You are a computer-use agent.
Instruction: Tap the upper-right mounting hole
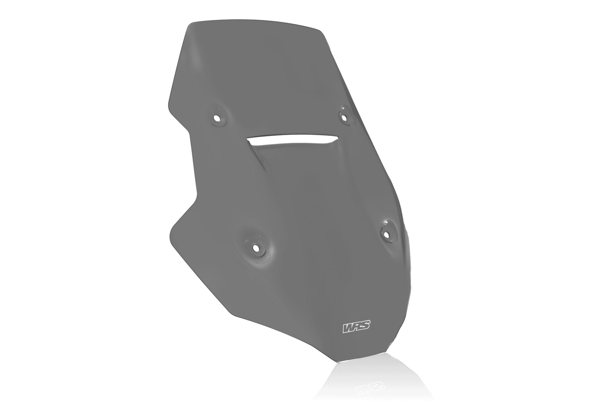pyautogui.click(x=343, y=117)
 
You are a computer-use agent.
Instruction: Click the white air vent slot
pyautogui.click(x=290, y=139)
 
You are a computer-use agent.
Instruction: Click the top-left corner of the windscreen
pyautogui.click(x=190, y=24)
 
